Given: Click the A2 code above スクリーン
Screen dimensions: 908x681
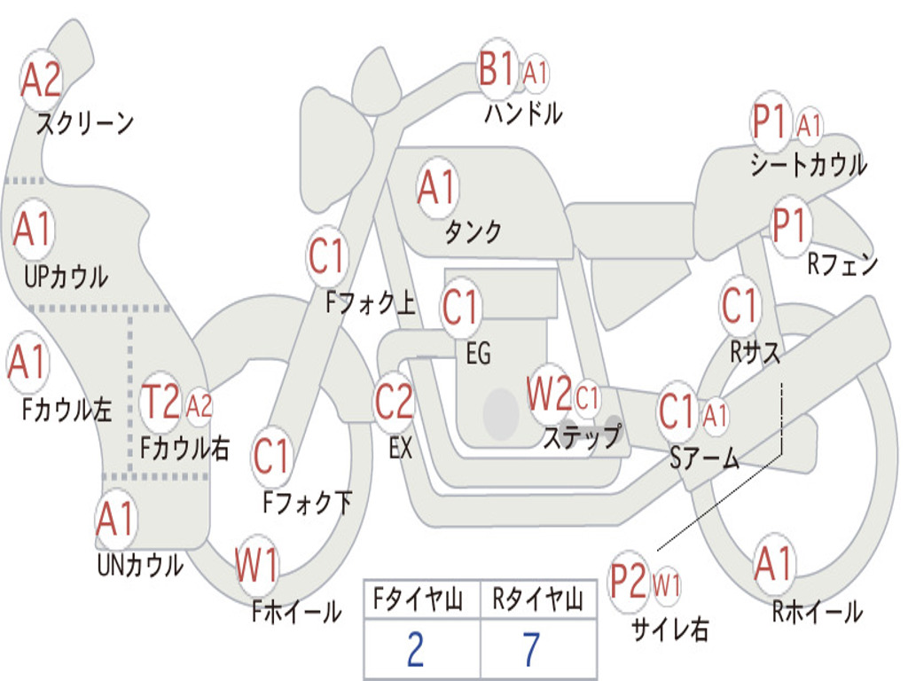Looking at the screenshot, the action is [x=41, y=79].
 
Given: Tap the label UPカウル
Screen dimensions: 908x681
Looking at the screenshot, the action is [x=66, y=277].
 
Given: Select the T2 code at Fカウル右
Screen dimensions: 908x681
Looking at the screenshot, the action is [x=160, y=402].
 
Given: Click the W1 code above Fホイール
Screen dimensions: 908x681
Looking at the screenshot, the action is [x=256, y=565].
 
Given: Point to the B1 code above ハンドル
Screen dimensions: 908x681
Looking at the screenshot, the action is [x=497, y=69].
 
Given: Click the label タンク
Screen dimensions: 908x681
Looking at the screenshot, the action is [x=473, y=231].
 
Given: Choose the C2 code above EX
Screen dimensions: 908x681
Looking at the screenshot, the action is [x=394, y=402].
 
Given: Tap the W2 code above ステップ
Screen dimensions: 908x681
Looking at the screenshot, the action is [x=549, y=394].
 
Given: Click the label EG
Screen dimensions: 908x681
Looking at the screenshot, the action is [x=478, y=353].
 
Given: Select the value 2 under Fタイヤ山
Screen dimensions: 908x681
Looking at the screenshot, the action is [x=415, y=650].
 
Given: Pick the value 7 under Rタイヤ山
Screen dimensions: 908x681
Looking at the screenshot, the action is [x=532, y=650].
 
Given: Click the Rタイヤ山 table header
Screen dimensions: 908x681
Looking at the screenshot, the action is [x=538, y=599].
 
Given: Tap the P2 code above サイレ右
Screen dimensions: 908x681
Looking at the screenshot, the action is [x=629, y=581].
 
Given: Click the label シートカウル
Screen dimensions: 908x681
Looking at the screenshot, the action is [x=809, y=164].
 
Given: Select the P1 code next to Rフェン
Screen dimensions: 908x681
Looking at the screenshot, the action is [x=789, y=225].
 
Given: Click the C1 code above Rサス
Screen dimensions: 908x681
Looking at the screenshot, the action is [x=739, y=305].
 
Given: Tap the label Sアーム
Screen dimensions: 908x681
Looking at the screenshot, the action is [x=705, y=458].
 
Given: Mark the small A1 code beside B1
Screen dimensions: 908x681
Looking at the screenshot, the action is [x=535, y=74].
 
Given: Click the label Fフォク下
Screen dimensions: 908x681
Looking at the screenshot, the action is [x=308, y=502].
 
